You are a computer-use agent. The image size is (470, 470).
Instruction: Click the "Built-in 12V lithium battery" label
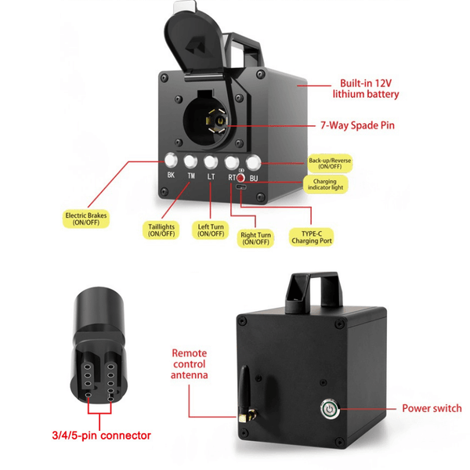click(x=365, y=88)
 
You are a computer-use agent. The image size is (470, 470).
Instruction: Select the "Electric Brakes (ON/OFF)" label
click(x=85, y=219)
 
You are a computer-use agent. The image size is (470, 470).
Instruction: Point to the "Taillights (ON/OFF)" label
click(x=161, y=230)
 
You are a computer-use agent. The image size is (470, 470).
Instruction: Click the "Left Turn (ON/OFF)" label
click(x=211, y=230)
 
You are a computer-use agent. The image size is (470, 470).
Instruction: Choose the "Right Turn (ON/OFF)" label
click(x=255, y=237)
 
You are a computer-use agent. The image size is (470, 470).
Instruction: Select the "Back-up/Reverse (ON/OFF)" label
click(x=330, y=163)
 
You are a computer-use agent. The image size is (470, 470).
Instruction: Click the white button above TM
click(x=191, y=162)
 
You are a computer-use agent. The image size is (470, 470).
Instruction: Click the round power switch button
click(x=331, y=408)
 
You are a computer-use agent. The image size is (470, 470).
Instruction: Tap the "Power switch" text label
click(x=432, y=408)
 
